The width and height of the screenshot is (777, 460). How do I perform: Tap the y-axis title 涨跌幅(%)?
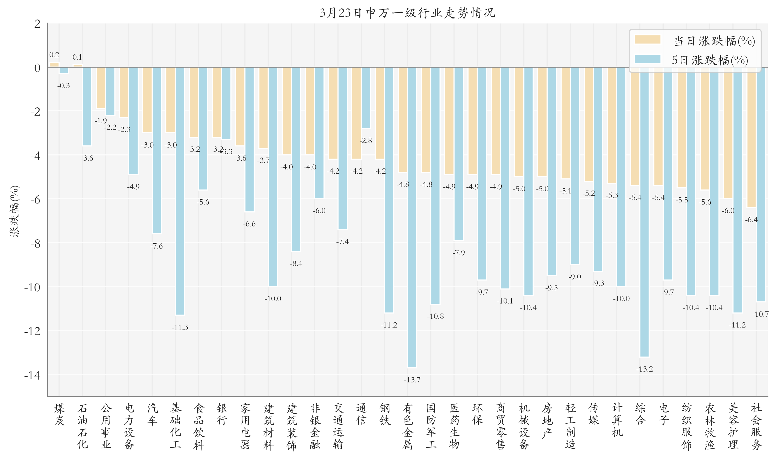tap(15, 211)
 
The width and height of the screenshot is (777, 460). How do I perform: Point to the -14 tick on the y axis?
tap(32, 375)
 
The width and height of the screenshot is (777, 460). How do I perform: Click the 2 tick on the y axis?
tap(37, 23)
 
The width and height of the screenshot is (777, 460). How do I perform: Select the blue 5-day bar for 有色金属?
tap(412, 217)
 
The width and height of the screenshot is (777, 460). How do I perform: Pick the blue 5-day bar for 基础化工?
tap(180, 191)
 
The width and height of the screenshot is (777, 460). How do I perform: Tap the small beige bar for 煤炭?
tap(54, 65)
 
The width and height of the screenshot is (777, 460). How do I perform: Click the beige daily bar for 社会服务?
tap(751, 137)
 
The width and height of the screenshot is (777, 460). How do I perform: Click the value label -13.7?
tap(412, 380)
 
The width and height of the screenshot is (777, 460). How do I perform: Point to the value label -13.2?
tap(644, 369)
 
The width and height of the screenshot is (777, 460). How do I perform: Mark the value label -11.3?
tap(180, 327)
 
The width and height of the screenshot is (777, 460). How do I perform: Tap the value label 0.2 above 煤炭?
tap(54, 55)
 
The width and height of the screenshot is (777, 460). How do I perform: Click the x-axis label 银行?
tap(222, 414)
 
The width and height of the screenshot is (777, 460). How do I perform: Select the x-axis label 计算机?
tap(617, 420)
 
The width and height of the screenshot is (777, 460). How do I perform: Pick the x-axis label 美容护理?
tap(733, 426)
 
